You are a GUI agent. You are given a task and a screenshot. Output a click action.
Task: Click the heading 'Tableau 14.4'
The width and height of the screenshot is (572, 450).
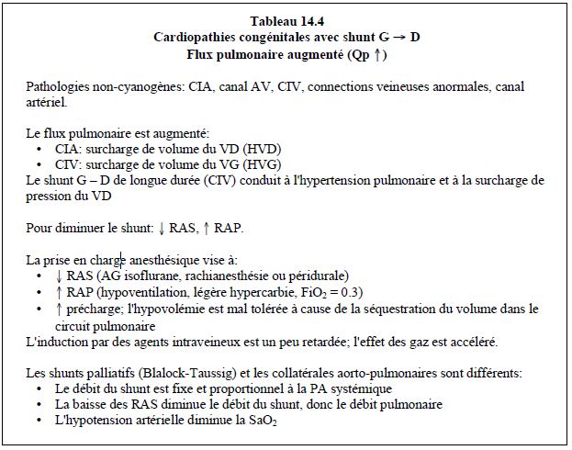pos(286,20)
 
